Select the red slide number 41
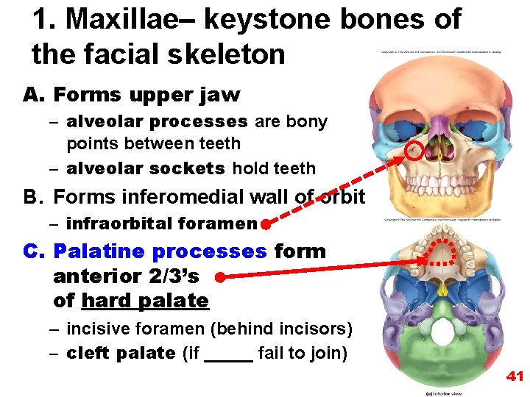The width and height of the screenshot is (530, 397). pos(515,376)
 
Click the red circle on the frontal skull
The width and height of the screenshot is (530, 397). pos(415,151)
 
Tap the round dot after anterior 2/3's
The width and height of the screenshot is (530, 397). pos(219,277)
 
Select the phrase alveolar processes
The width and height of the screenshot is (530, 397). pos(157,121)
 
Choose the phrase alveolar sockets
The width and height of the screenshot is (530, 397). pos(146,168)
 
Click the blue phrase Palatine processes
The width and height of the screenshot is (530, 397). pos(160,251)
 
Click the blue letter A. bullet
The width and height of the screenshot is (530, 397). pos(35,95)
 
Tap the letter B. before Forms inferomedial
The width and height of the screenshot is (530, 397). pos(35,197)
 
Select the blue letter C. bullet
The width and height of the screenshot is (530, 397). pos(35,251)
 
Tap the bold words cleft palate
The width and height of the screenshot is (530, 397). pos(121,354)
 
